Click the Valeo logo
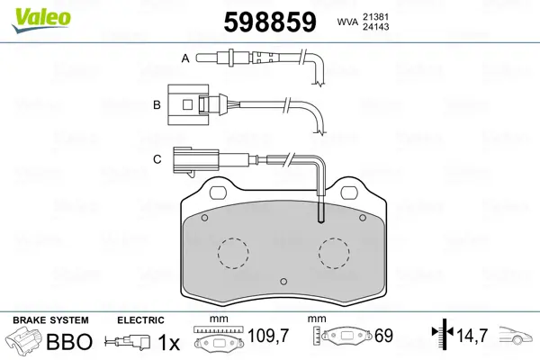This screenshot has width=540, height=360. coord(41,20)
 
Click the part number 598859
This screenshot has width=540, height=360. coord(270,22)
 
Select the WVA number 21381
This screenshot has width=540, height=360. coord(375,16)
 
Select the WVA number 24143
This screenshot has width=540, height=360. coord(375,26)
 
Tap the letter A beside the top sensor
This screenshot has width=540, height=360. coord(185,58)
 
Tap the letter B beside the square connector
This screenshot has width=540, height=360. coord(157,104)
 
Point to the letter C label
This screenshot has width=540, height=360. coord(157,159)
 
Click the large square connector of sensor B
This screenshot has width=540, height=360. coord(188,104)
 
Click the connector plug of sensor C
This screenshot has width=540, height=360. coord(195,160)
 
